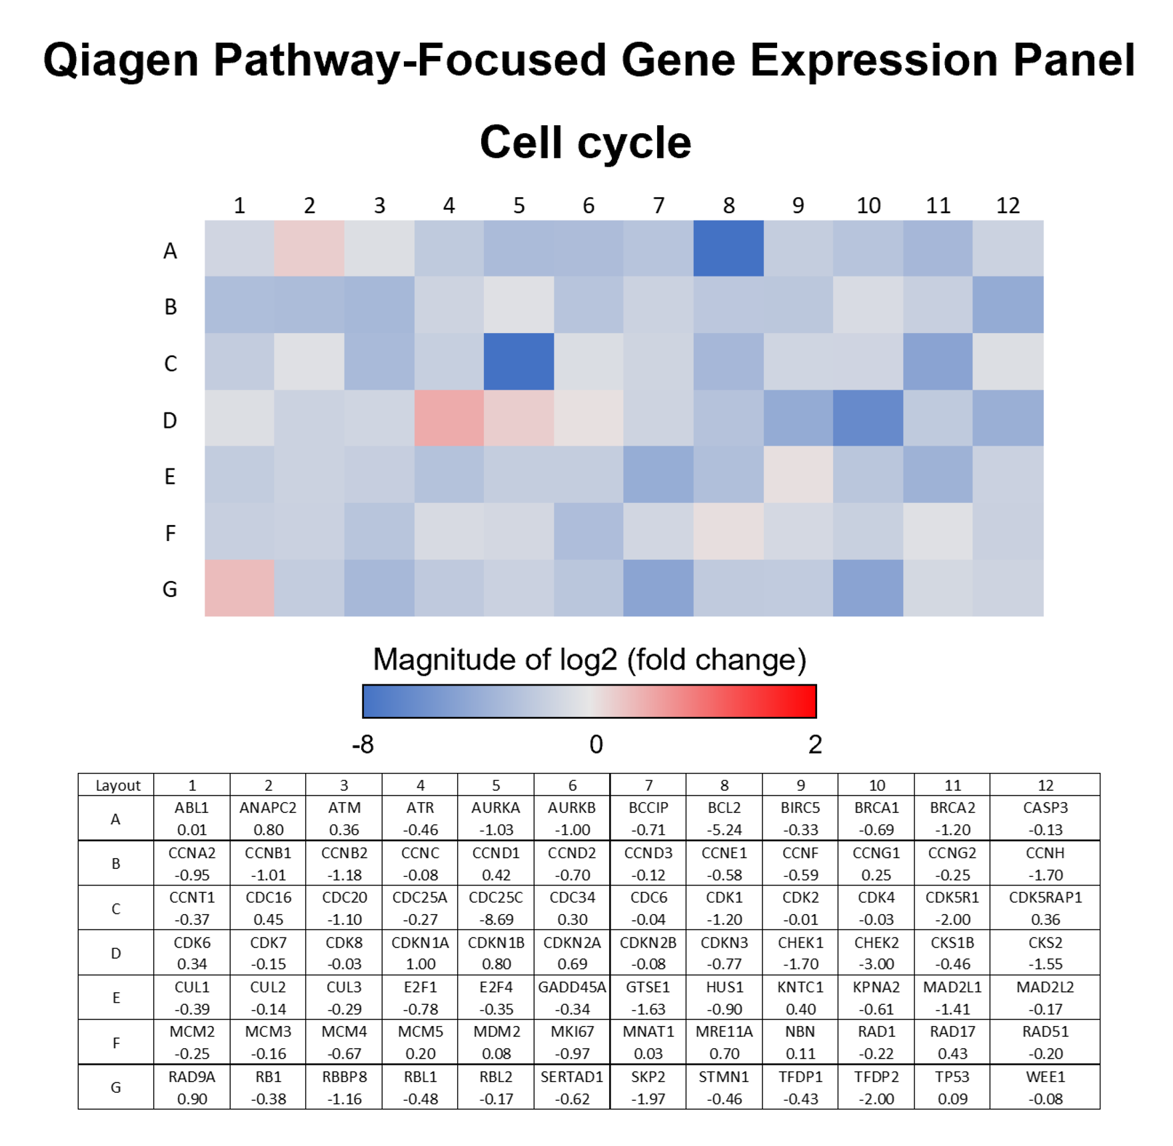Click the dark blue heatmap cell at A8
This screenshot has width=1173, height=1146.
(728, 248)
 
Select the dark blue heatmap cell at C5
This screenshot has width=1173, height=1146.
(519, 361)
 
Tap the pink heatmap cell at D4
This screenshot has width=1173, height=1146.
(449, 418)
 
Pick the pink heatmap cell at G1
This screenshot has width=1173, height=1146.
(239, 588)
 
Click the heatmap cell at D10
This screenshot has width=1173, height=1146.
(868, 418)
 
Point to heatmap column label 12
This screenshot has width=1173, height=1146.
(1008, 205)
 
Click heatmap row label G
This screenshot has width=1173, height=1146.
(170, 589)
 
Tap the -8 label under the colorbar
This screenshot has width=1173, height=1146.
(363, 744)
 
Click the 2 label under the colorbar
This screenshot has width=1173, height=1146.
(815, 744)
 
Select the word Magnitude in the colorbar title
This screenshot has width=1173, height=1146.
(443, 660)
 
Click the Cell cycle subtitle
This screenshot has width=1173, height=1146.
(586, 143)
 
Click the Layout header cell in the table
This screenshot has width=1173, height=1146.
(118, 786)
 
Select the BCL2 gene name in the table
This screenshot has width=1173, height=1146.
(724, 808)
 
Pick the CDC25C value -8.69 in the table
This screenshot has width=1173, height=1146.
(496, 919)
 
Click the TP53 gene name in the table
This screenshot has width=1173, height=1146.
(952, 1077)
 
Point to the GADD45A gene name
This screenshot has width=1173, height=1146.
(572, 987)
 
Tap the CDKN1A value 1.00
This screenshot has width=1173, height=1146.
(421, 964)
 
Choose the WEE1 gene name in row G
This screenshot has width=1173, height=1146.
(1046, 1077)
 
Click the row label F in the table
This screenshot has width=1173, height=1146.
(116, 1043)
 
